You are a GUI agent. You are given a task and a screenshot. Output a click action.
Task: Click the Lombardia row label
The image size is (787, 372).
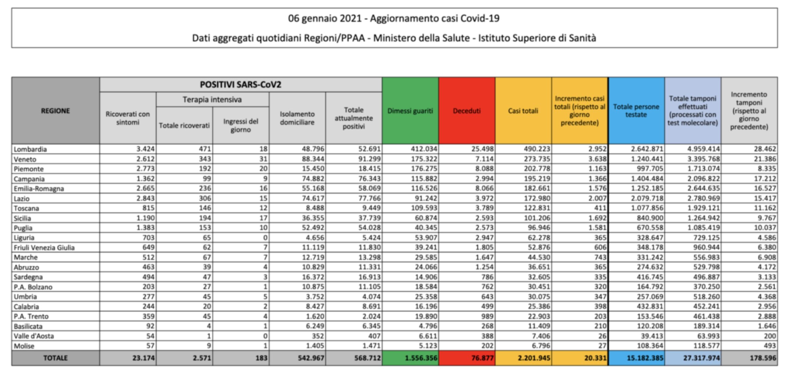(x=30, y=149)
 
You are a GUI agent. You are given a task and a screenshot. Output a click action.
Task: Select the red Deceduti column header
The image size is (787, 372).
(x=467, y=111)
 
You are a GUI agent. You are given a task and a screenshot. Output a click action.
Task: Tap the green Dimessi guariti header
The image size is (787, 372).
(x=410, y=111)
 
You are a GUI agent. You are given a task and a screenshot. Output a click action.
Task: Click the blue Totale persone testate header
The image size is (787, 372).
(x=636, y=111)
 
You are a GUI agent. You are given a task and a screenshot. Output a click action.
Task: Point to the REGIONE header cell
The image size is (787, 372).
(x=55, y=111)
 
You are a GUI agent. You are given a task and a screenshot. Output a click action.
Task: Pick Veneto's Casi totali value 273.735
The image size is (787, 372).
(x=537, y=159)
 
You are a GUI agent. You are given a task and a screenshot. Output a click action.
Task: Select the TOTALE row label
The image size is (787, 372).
(x=55, y=358)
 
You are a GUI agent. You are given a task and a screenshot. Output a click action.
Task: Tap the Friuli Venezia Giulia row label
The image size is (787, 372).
(x=44, y=247)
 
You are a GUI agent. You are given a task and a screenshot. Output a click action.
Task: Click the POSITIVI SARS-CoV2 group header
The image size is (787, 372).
(x=240, y=85)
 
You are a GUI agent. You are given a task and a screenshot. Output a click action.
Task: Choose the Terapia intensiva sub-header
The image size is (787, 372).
(x=212, y=100)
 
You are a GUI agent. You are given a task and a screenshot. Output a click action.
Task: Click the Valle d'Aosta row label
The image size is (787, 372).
(x=34, y=336)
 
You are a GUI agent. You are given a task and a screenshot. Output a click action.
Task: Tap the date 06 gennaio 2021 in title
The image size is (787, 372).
(x=325, y=18)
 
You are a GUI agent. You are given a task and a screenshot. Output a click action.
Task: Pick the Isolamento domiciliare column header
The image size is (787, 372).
(x=297, y=118)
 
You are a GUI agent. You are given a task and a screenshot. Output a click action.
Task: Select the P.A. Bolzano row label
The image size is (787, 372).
(x=33, y=287)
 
